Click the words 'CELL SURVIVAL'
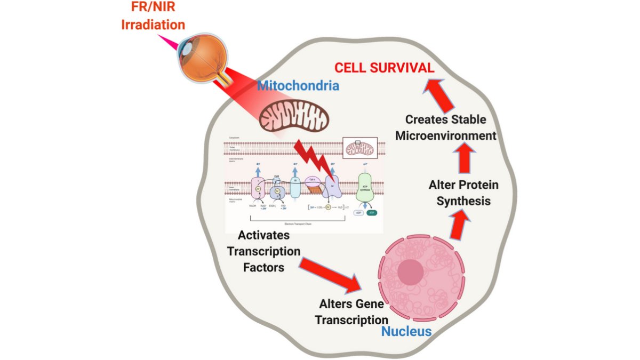pyautogui.click(x=384, y=68)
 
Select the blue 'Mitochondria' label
pyautogui.click(x=298, y=85)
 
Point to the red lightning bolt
pyautogui.click(x=315, y=158)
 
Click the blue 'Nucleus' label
pyautogui.click(x=406, y=332)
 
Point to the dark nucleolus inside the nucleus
pyautogui.click(x=413, y=269)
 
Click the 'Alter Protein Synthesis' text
pyautogui.click(x=463, y=193)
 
